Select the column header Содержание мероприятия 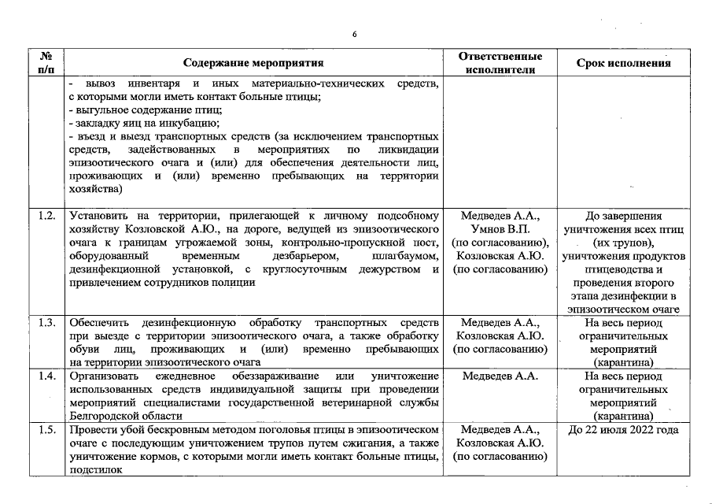click(x=253, y=63)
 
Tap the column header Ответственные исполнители click(x=500, y=63)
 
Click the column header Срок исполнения click(x=623, y=63)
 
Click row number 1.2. click(x=46, y=215)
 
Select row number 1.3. click(x=46, y=322)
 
